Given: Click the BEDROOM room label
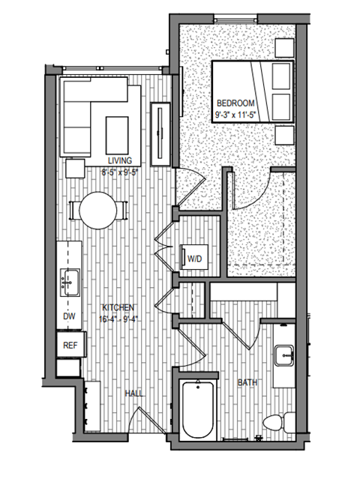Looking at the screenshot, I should point(235,103).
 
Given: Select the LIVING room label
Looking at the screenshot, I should point(119,160).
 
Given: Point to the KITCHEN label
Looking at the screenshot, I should point(118,308).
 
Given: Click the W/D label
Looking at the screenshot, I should point(195,259).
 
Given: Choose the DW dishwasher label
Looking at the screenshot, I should point(68,317).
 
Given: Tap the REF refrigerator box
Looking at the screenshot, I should point(70,345).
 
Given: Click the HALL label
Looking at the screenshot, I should point(135,393).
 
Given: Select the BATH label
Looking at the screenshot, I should point(247,383).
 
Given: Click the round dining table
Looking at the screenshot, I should point(100,210).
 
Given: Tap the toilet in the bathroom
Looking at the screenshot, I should point(277,424).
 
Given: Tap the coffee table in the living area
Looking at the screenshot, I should point(117,132).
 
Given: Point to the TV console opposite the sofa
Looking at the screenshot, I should point(161,133).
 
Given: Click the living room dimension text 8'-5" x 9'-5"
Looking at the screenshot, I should point(119,170).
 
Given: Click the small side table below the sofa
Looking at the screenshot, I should point(76,168).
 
